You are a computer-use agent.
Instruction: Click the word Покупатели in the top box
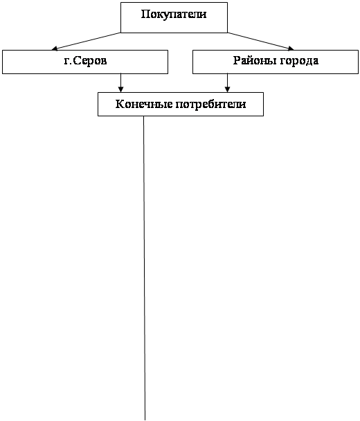(174, 15)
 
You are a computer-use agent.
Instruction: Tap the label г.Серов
(85, 61)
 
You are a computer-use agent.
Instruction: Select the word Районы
(255, 61)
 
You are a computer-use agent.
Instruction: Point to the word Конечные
(144, 104)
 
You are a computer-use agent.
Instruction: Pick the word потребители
(210, 105)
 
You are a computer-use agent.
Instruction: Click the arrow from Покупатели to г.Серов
(86, 42)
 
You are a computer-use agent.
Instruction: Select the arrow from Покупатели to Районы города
(261, 42)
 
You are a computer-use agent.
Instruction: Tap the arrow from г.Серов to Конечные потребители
(120, 83)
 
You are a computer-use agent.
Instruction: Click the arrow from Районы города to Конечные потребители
(227, 83)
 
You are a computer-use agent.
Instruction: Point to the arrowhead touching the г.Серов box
(55, 48)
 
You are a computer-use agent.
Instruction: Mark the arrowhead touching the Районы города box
(291, 48)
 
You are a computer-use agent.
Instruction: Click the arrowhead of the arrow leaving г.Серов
(120, 89)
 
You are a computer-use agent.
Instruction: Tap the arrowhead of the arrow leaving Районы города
(227, 89)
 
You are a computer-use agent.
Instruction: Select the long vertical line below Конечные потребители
(144, 268)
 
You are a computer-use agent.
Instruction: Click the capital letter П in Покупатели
(145, 14)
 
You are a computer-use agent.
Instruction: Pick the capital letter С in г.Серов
(77, 61)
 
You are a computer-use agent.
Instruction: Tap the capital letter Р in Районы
(237, 60)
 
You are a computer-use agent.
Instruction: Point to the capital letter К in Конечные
(120, 104)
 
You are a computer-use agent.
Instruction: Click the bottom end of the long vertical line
(145, 420)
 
